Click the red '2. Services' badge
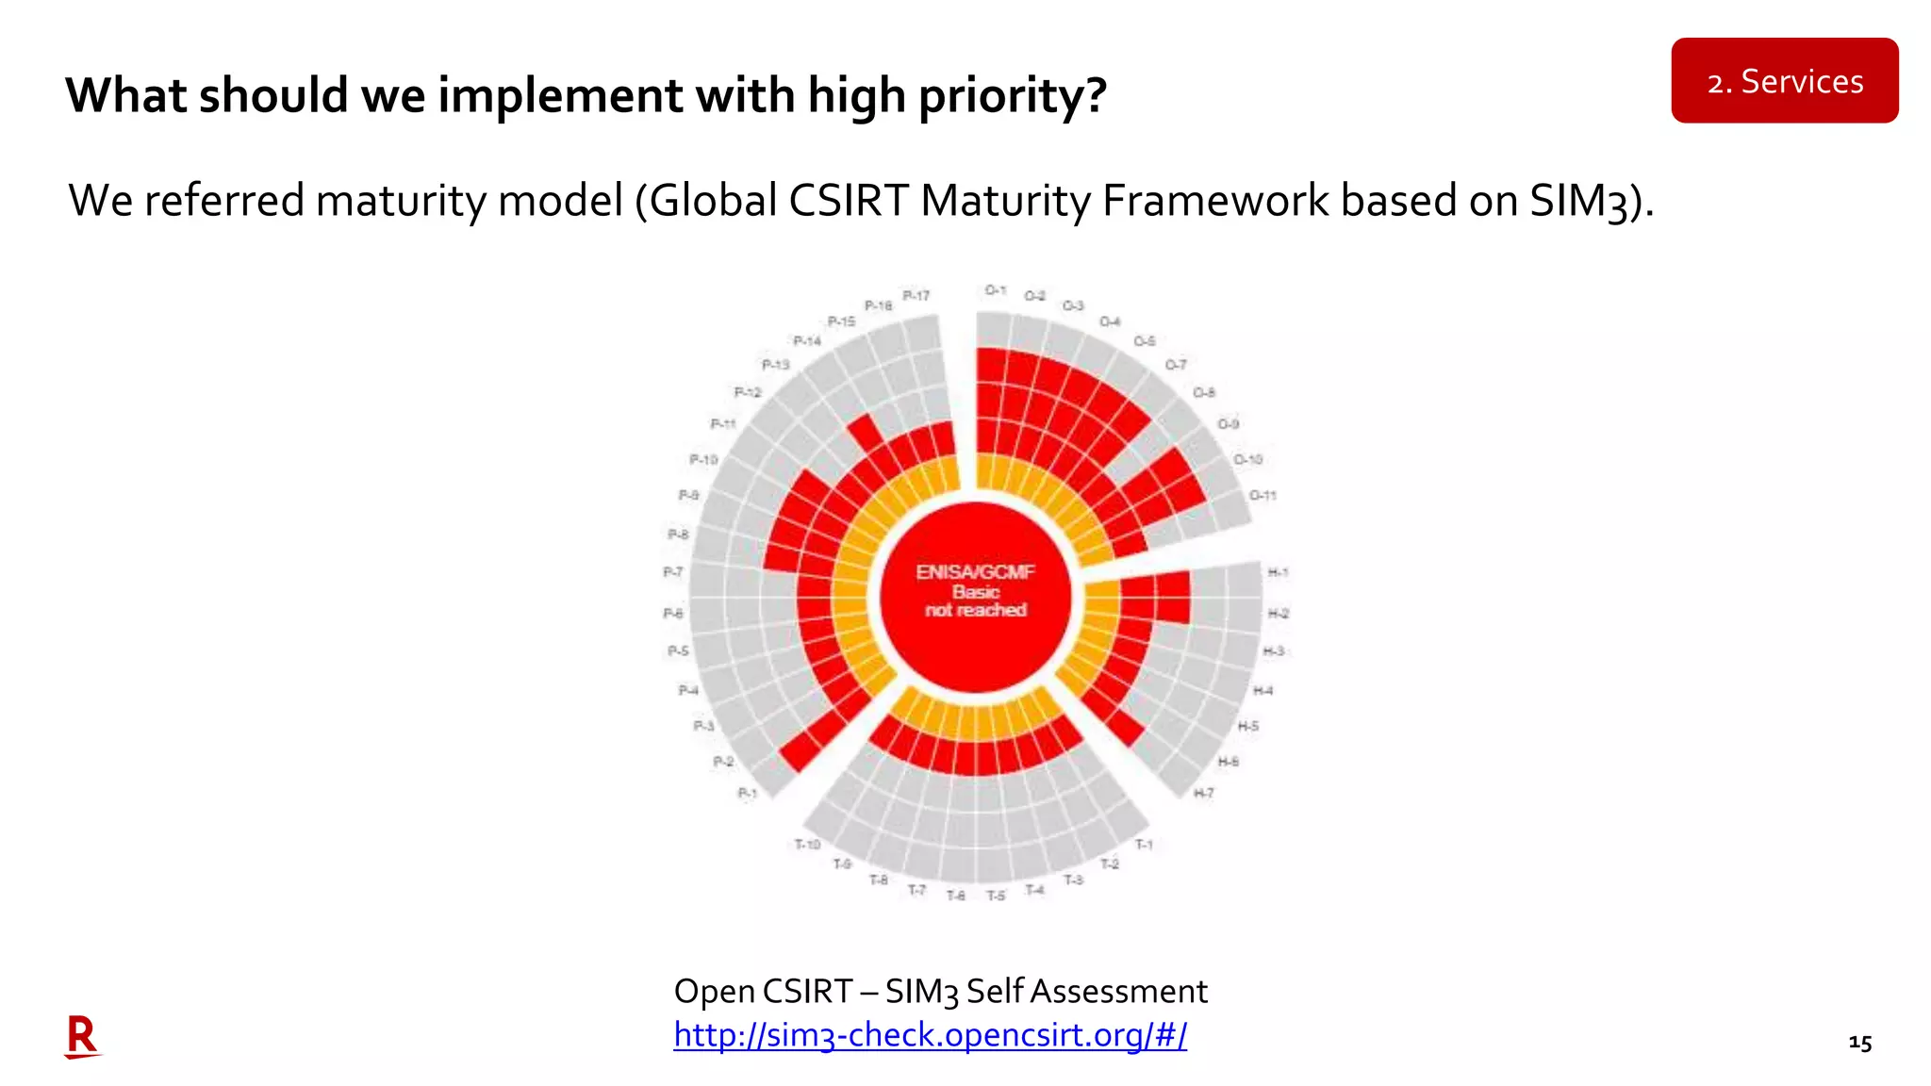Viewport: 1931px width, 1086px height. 1784,81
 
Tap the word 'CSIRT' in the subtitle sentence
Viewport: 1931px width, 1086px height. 848,201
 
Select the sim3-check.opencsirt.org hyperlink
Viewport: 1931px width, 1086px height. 930,1035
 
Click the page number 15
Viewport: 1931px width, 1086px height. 1859,1043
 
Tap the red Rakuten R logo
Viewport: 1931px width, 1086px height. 82,1036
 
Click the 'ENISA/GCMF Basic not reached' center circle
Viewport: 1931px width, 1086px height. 975,595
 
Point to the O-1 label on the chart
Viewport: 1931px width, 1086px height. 996,290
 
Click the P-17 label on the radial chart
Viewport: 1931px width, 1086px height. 916,296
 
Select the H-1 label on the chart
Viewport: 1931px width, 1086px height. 1278,572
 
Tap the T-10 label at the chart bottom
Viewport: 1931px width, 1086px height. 807,844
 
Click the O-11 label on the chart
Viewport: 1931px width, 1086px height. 1263,495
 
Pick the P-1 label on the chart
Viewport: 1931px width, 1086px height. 747,793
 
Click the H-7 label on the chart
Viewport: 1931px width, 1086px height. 1204,793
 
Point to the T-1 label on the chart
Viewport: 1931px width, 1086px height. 1143,844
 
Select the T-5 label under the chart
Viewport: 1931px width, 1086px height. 996,896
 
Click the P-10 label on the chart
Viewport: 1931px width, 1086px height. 703,459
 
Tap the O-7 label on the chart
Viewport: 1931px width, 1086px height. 1175,364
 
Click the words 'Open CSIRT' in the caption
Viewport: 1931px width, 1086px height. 763,992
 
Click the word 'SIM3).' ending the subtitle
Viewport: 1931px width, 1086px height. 1591,201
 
